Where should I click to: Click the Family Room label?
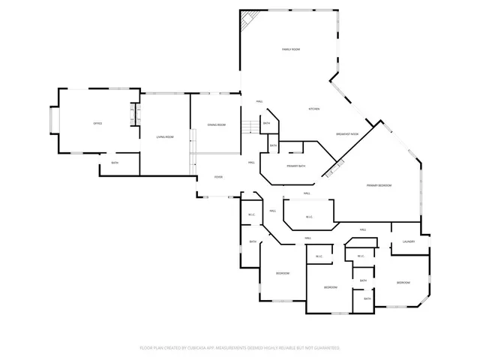click(x=291, y=49)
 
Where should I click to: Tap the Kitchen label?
click(x=315, y=109)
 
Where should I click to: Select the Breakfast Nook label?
click(x=347, y=133)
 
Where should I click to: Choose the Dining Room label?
click(x=217, y=124)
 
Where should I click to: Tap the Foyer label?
click(x=218, y=177)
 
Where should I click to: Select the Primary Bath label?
click(x=295, y=166)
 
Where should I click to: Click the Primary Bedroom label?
click(x=379, y=185)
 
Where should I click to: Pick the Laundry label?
click(x=409, y=241)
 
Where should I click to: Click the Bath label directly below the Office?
click(x=115, y=163)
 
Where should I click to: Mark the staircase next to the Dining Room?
click(x=249, y=127)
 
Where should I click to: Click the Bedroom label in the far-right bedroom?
click(x=403, y=282)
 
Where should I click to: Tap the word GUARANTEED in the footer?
click(x=327, y=348)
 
